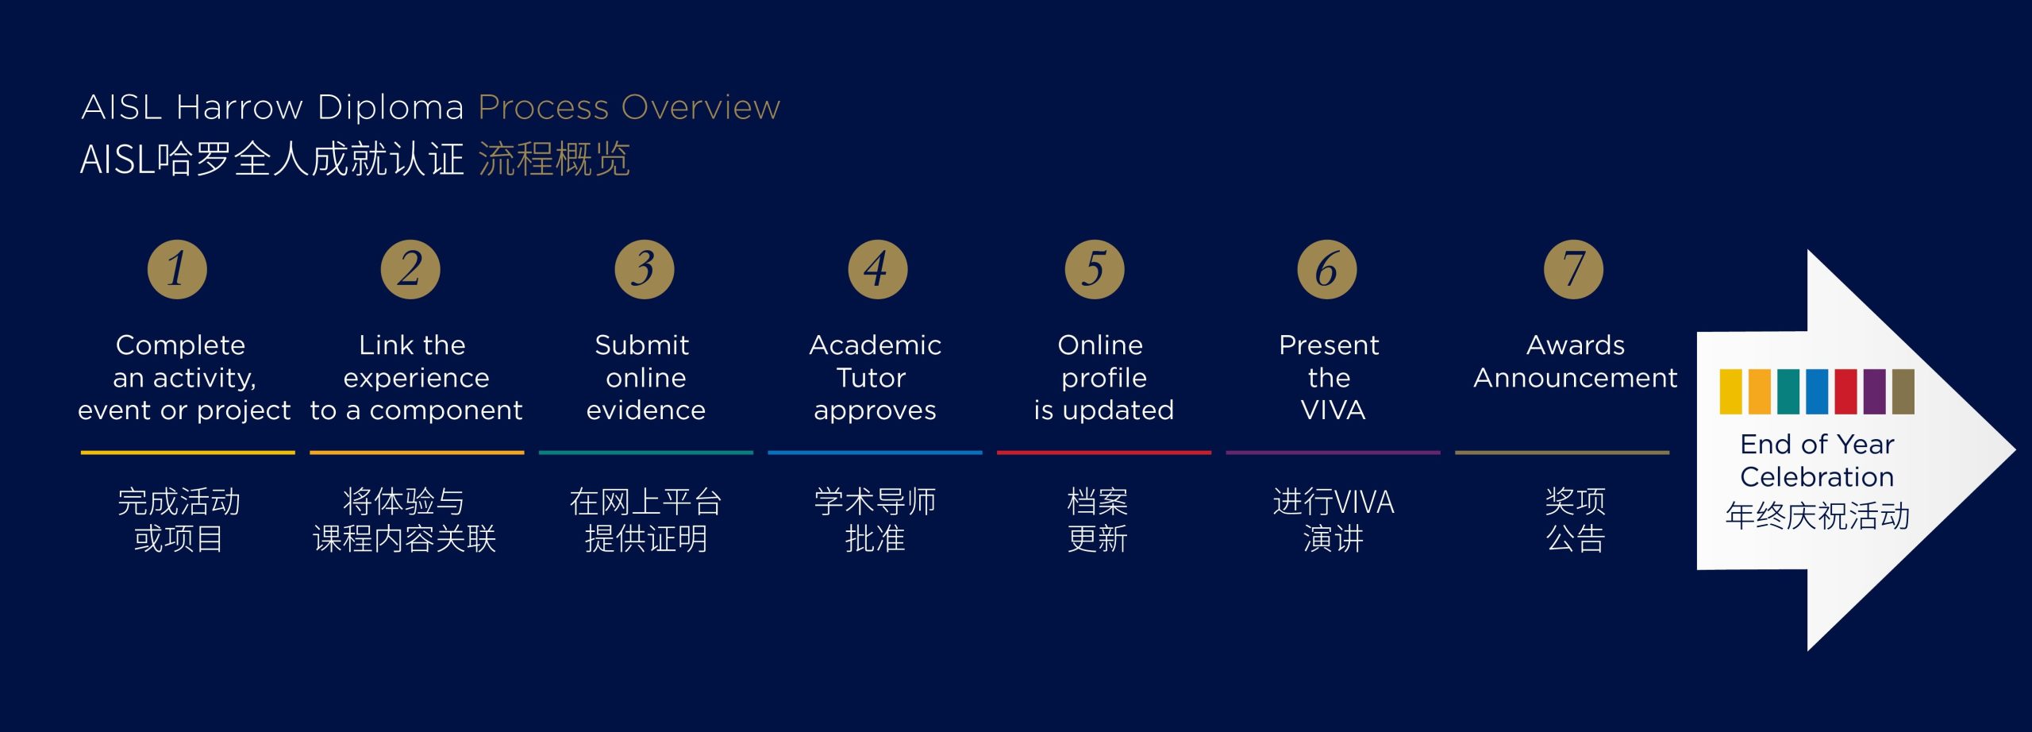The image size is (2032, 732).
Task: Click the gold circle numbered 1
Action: point(177,269)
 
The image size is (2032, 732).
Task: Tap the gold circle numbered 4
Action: point(877,269)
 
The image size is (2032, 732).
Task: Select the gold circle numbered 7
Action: point(1573,269)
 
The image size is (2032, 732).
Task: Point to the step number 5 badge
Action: point(1094,269)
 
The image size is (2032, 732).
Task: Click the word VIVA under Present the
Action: point(1333,410)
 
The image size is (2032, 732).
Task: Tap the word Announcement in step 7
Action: point(1576,377)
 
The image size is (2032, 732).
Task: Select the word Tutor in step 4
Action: point(871,377)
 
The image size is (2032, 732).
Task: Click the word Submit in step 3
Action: point(641,345)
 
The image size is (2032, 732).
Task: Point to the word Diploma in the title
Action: point(391,107)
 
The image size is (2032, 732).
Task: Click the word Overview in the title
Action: point(702,107)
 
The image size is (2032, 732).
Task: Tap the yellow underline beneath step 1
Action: point(187,453)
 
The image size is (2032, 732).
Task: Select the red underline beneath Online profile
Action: point(1104,453)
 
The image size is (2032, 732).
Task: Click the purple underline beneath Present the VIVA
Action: point(1333,453)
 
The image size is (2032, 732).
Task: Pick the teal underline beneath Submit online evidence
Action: point(646,453)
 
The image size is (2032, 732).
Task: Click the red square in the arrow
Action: point(1845,391)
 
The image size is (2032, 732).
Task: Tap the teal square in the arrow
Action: point(1788,391)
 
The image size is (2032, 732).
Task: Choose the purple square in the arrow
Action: point(1874,391)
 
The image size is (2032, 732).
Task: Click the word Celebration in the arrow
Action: point(1817,476)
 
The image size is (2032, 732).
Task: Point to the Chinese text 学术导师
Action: point(875,502)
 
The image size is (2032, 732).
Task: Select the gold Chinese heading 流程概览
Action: point(554,159)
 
